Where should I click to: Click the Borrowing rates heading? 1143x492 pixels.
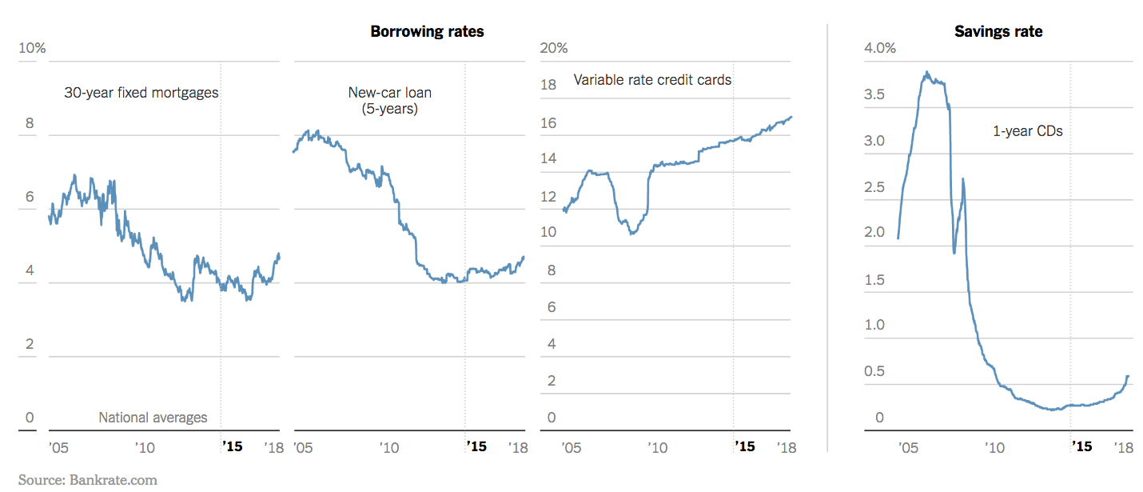427,32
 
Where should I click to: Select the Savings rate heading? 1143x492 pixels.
998,32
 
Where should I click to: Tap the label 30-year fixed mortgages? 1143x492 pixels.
141,93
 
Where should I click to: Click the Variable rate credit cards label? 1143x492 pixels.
652,80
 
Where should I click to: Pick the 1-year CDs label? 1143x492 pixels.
1028,131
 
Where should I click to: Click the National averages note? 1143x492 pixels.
153,418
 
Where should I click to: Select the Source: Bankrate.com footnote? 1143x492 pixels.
88,480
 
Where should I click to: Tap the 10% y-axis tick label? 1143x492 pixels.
32,49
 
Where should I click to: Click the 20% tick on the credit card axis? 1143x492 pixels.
554,49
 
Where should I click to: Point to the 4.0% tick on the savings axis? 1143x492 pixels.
880,49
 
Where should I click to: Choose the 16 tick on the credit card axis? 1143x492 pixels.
548,123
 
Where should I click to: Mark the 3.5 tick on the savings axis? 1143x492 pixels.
875,95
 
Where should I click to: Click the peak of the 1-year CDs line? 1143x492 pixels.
926,72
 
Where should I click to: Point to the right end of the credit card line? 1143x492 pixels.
791,117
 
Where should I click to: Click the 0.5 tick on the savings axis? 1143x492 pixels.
875,372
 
